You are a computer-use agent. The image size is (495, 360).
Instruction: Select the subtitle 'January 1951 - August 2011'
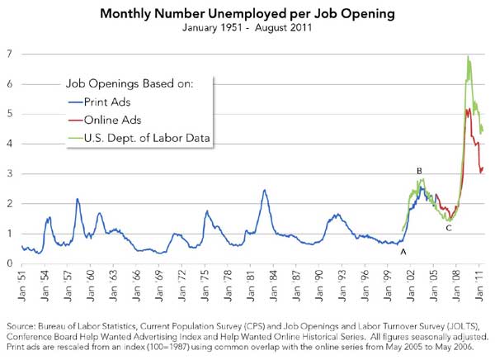(247, 28)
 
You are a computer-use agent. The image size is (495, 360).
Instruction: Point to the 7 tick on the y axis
(11, 54)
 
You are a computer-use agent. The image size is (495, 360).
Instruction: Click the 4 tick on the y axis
(11, 144)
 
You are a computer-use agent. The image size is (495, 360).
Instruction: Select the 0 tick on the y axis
(11, 263)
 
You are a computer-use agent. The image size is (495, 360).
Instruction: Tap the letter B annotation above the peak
(420, 171)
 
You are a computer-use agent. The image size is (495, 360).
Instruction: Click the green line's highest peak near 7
(469, 57)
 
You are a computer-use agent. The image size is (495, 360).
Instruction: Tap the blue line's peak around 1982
(265, 191)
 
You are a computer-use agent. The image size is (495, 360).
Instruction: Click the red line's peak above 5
(468, 108)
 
